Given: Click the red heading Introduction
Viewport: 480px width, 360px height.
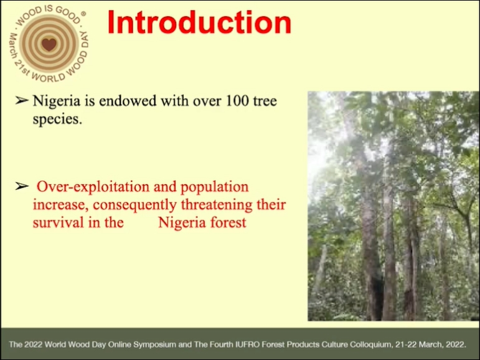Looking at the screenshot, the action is pos(199,22).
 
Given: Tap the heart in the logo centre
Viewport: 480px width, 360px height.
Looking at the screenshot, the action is pos(49,44).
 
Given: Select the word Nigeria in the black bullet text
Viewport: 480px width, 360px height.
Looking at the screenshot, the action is pos(56,101).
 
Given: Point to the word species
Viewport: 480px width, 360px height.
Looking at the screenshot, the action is pos(57,119).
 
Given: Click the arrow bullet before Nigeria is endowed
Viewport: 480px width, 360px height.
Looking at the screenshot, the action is pos(21,100).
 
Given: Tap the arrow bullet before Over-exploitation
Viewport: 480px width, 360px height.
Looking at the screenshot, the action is pos(21,186).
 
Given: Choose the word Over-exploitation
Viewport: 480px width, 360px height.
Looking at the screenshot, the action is pos(93,187).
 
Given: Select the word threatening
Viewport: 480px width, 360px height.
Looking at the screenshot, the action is pos(217,205).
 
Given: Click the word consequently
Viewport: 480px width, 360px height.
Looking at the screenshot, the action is pos(134,205).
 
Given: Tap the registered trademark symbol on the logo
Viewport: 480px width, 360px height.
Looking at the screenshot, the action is pos(83,14).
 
